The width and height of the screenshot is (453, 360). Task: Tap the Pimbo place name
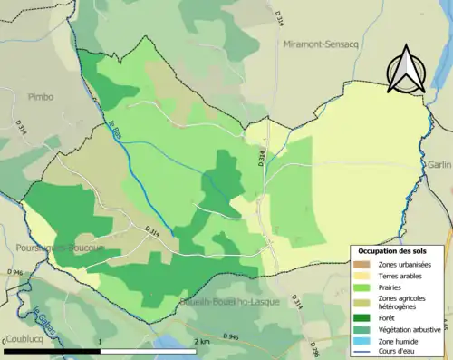[x=41, y=96]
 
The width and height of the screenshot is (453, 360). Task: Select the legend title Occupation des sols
[x=396, y=249]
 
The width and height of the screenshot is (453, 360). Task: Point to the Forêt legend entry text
[x=385, y=317]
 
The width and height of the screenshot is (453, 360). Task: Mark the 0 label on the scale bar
[x=5, y=342]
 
